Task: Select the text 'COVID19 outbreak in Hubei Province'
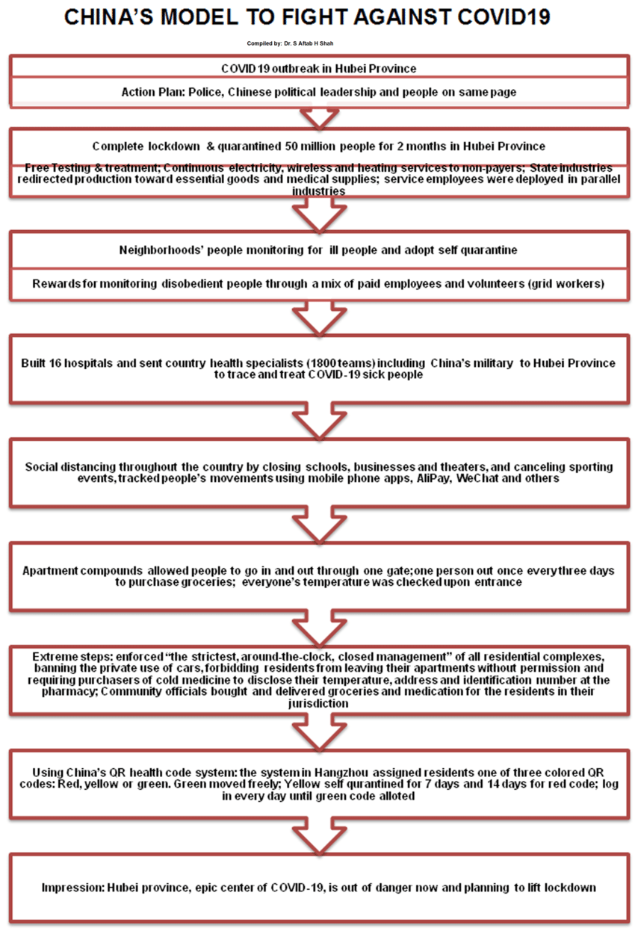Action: tap(319, 69)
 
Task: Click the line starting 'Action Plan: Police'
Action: tap(319, 92)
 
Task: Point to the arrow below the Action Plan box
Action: tap(319, 118)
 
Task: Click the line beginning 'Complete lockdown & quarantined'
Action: tap(319, 146)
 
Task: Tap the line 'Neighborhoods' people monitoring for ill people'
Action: tap(319, 250)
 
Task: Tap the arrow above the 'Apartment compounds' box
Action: tap(319, 528)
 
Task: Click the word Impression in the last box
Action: tap(71, 888)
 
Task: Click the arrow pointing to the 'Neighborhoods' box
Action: tap(319, 217)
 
